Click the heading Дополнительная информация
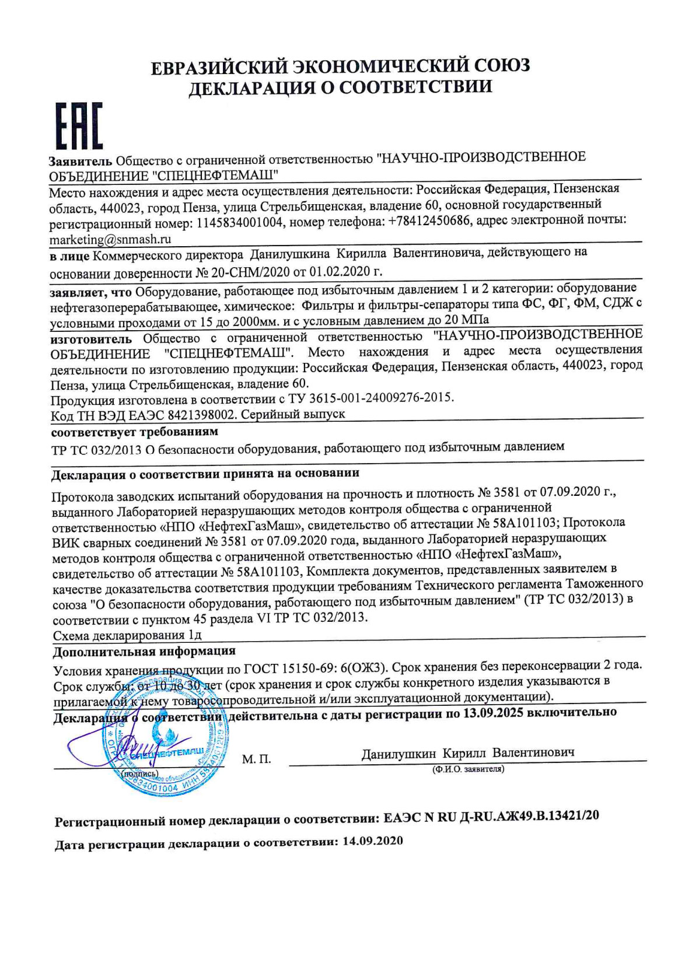point(144,651)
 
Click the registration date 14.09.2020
point(373,841)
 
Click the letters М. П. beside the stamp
point(256,759)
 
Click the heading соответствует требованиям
point(135,432)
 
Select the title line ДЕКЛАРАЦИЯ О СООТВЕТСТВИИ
point(340,87)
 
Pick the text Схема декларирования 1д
point(127,635)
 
